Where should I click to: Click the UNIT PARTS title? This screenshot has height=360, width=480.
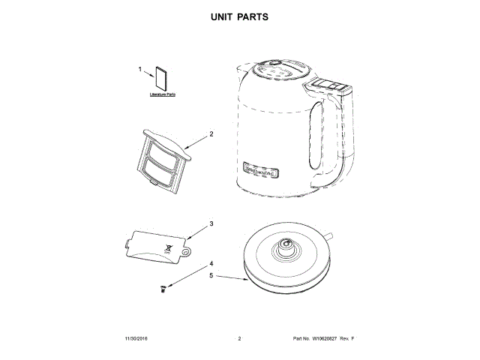pos(239,16)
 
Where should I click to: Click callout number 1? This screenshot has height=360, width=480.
pos(140,69)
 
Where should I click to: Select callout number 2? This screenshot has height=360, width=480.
pos(211,134)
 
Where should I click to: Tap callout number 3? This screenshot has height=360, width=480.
pos(211,223)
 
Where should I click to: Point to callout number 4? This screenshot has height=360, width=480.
pos(211,264)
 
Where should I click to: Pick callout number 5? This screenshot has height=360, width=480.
pos(211,275)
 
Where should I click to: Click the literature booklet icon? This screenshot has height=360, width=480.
pos(161,79)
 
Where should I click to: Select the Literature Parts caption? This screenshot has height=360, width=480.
pos(161,95)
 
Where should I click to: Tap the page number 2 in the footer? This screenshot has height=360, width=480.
pos(238,340)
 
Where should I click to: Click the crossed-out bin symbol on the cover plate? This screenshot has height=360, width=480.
pos(169,247)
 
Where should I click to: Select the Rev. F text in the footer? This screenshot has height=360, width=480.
pos(346,340)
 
